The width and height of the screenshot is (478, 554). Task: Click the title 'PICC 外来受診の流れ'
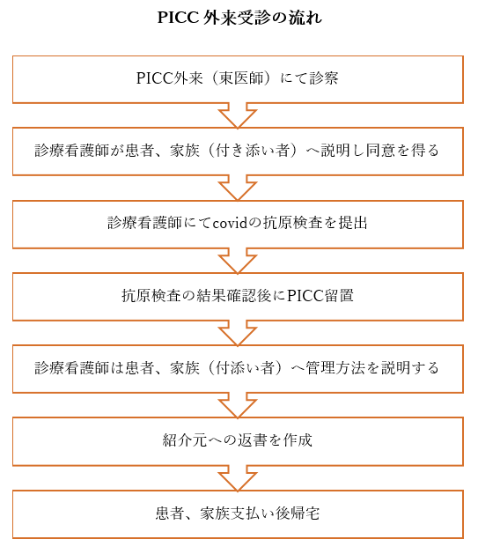point(239,18)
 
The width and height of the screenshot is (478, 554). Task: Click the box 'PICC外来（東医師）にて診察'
point(238,79)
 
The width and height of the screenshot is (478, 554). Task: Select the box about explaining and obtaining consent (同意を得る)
point(238,151)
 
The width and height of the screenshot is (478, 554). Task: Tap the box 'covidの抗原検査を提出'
point(238,225)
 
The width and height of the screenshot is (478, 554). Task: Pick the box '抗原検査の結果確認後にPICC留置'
point(238,297)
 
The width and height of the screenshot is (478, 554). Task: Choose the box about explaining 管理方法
point(238,369)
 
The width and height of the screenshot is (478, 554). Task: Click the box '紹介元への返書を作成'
point(238,441)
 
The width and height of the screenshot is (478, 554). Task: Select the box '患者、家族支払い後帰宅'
point(238,514)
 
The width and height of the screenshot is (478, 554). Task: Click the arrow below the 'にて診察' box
point(238,116)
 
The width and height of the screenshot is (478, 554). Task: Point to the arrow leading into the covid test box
point(238,188)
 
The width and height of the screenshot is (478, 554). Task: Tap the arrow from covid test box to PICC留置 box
point(238,261)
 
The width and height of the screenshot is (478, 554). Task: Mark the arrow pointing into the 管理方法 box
point(238,333)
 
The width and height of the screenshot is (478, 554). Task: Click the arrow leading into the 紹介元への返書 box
point(238,406)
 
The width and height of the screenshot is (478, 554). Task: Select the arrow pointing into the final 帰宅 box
point(238,478)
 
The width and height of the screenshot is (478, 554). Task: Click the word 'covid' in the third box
point(231,223)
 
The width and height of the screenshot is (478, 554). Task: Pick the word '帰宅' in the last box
point(305,513)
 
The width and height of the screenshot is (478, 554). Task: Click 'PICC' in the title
point(178,18)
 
